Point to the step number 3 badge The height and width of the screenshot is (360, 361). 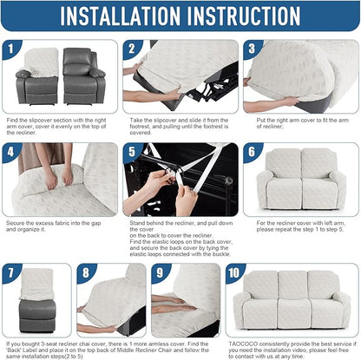pos(252,50)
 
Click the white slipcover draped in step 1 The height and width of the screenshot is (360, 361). pos(43,62)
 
